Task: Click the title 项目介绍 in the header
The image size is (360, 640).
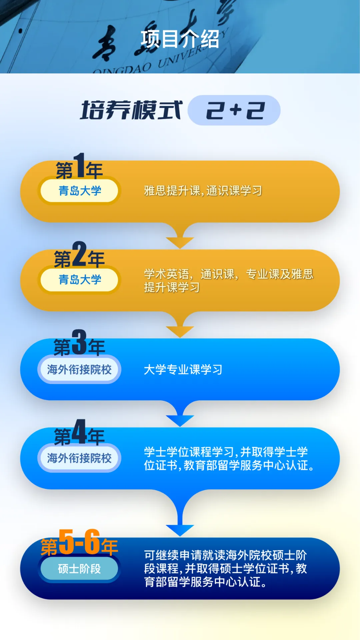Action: (180, 39)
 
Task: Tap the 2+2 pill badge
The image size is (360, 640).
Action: (234, 110)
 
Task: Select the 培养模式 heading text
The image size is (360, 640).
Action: (131, 110)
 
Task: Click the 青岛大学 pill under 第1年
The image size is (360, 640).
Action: (79, 191)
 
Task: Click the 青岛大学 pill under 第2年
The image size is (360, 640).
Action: (79, 280)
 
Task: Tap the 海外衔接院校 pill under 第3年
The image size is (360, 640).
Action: (79, 369)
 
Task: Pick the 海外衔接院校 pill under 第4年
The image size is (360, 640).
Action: (79, 458)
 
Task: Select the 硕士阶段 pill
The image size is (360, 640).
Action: (79, 569)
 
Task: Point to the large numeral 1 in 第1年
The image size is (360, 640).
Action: (79, 165)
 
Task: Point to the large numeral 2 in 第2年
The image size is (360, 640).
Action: (79, 254)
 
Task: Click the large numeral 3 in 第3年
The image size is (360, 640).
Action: (79, 342)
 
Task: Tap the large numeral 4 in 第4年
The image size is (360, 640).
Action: (79, 432)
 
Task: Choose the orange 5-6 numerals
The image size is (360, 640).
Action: (79, 542)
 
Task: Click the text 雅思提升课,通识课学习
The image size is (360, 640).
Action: (203, 191)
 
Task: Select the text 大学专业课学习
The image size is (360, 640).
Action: (183, 369)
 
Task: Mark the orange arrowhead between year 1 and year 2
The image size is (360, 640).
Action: (180, 242)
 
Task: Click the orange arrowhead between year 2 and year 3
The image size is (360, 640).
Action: (180, 331)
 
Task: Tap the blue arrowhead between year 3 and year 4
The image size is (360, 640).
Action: (180, 420)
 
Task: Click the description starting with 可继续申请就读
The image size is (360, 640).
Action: (225, 569)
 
